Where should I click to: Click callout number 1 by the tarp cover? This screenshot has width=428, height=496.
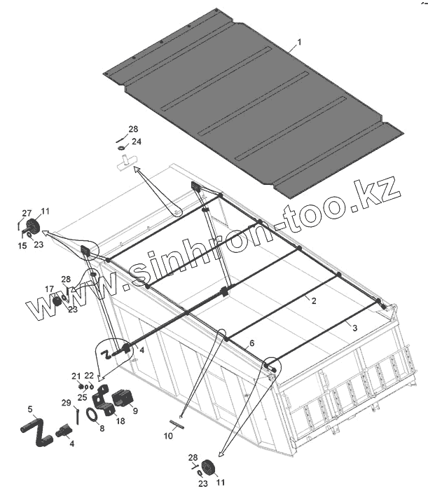click(x=299, y=43)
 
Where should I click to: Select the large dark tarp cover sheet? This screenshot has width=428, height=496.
click(x=252, y=105)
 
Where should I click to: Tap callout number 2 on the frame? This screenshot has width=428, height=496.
click(x=313, y=301)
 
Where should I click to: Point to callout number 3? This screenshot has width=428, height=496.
click(x=355, y=327)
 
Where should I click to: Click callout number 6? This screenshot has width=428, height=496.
click(x=252, y=343)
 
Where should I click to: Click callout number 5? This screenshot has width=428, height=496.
click(x=29, y=408)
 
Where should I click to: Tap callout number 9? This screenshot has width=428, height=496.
click(x=134, y=411)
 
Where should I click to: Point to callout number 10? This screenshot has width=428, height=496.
click(x=168, y=436)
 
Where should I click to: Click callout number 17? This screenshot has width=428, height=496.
click(x=49, y=289)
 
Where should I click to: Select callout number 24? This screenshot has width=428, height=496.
click(x=136, y=142)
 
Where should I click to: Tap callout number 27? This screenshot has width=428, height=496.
click(x=27, y=213)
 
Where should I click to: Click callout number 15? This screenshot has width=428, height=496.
click(x=22, y=245)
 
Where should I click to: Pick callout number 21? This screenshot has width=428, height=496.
click(x=76, y=376)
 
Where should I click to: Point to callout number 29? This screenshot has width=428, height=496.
click(x=65, y=403)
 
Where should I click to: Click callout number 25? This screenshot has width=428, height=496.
click(x=83, y=397)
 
